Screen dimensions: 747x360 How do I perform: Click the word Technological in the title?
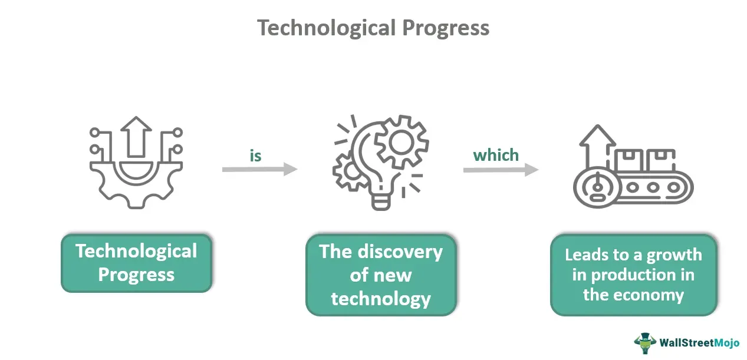327,28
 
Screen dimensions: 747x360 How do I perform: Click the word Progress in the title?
446,29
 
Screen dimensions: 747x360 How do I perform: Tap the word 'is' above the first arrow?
256,156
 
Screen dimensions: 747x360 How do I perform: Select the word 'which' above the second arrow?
496,156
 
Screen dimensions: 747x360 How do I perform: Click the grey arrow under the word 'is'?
260,169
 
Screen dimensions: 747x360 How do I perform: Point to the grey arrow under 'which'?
501,170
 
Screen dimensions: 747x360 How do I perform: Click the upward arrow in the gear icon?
136,137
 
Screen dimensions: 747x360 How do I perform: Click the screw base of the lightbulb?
381,202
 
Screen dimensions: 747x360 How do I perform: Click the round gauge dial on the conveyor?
597,187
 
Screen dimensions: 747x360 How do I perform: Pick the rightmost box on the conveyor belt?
661,160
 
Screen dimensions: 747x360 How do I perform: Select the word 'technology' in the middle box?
381,299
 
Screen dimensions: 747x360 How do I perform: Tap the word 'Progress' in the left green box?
136,275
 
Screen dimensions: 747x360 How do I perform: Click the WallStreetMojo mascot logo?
645,343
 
